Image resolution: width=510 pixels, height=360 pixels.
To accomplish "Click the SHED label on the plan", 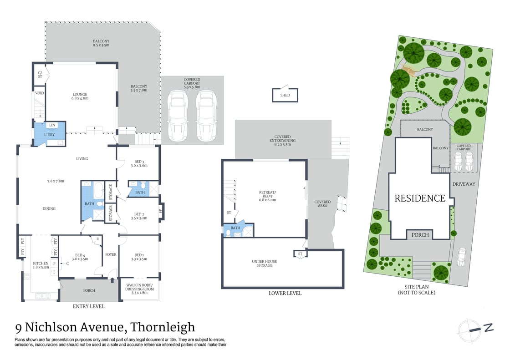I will click(285, 95).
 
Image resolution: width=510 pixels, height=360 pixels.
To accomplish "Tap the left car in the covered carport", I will click(178, 116).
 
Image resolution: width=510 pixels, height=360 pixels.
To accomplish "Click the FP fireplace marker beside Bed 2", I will click(160, 211).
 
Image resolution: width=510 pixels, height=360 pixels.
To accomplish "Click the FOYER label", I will click(111, 255).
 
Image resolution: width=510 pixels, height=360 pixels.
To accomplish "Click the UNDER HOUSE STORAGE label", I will click(265, 263).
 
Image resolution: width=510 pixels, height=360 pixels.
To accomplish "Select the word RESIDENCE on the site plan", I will click(419, 198).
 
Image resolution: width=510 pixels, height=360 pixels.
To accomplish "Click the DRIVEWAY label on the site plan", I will click(464, 184).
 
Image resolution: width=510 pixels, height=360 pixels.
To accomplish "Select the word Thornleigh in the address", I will click(163, 327).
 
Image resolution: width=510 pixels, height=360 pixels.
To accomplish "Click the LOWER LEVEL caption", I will click(285, 293).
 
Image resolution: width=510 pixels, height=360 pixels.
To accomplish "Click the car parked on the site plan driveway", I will click(461, 257).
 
